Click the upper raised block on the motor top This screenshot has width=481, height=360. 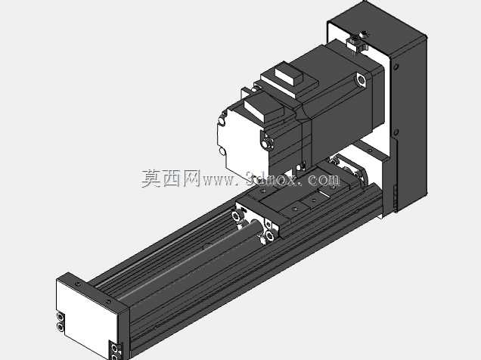[x=289, y=76]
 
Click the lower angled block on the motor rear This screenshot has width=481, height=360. [x=263, y=109]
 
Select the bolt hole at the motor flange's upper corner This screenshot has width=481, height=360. [x=361, y=79]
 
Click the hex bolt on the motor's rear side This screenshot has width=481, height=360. [x=267, y=143]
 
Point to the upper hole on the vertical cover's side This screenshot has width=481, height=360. [x=396, y=67]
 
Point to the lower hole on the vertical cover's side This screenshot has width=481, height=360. [x=396, y=132]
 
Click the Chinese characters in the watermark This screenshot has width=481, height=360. [x=171, y=178]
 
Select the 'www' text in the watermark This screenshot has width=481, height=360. [x=219, y=181]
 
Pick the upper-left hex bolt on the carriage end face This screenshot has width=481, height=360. [x=237, y=216]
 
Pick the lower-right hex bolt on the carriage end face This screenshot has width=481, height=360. [x=270, y=236]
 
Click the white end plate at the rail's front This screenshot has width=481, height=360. [x=87, y=317]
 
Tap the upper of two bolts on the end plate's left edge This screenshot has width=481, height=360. [x=61, y=316]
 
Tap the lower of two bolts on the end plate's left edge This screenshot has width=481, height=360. [x=61, y=327]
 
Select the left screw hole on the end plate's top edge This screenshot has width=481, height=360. [x=79, y=284]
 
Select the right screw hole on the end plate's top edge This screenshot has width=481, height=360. [x=108, y=302]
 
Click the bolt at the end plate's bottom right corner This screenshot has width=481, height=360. [x=116, y=349]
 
